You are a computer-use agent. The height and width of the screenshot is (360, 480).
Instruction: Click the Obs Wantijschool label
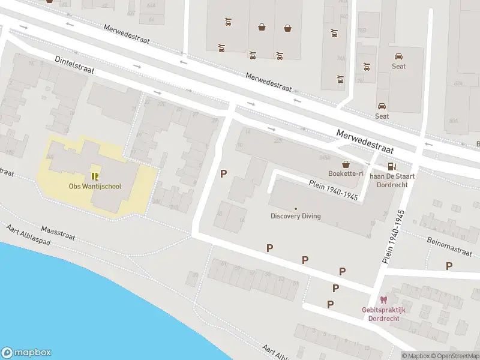95,187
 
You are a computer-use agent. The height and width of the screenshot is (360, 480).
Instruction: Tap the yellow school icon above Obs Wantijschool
95,176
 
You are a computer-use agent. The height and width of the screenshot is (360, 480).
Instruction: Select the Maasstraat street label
58,233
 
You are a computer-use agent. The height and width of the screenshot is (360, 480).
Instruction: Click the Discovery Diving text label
295,217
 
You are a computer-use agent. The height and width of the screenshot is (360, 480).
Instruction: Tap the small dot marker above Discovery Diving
295,209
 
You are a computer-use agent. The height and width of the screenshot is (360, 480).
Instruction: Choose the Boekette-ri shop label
346,173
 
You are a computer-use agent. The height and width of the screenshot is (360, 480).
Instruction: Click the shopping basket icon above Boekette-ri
346,164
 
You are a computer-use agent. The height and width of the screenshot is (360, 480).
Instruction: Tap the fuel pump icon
391,166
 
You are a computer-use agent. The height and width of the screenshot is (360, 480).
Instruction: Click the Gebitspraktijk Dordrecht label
383,314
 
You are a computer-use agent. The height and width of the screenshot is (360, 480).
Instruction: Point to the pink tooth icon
383,300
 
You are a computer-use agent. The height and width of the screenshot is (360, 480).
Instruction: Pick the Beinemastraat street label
450,247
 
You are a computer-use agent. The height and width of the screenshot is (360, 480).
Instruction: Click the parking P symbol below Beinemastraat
449,266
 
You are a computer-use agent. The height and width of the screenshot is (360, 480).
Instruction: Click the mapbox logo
26,353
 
